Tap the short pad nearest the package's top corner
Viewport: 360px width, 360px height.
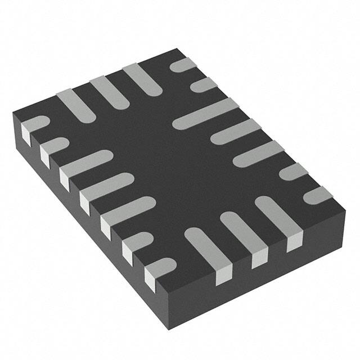point(182,65)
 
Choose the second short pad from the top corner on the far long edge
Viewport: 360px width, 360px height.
point(203,85)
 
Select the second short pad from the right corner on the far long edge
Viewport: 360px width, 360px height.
point(293,172)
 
